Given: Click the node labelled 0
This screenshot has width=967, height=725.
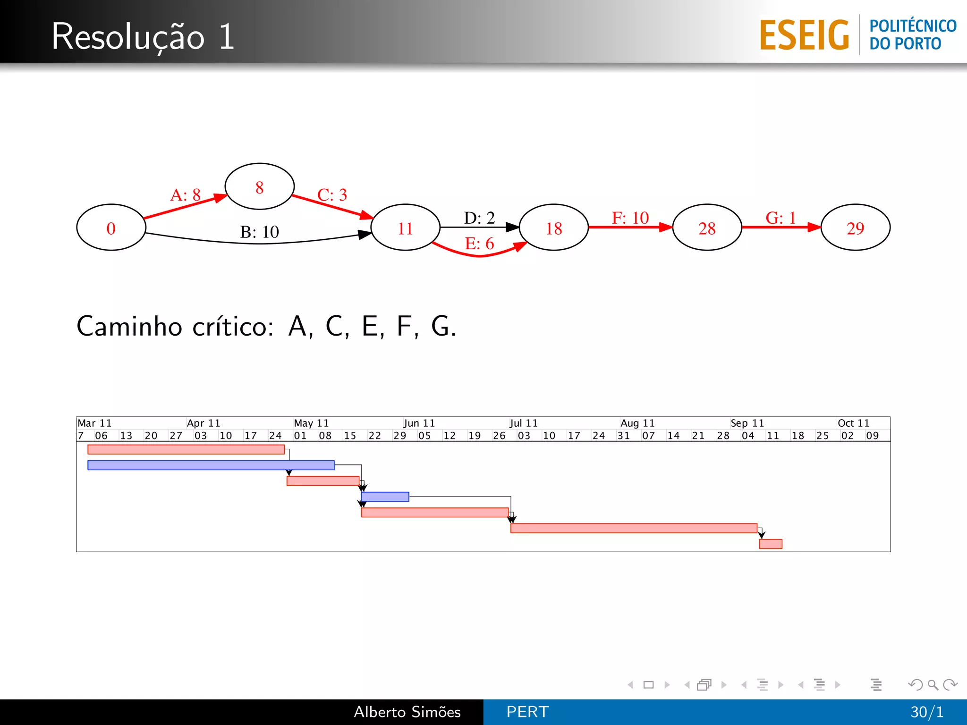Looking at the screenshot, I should tap(111, 228).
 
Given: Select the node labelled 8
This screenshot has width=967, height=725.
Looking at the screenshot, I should tap(259, 187).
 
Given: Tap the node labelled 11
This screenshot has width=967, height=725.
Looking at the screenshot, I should tap(405, 228).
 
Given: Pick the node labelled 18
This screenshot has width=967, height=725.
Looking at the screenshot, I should tap(553, 228).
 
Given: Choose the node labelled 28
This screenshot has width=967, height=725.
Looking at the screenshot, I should tap(706, 228).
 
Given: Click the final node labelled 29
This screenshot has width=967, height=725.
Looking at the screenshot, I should tap(855, 228).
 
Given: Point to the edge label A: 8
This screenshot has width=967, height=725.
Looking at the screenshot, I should tap(186, 194).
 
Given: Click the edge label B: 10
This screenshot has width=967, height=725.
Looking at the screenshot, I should tap(259, 232).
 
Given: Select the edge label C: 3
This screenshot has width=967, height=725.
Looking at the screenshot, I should tap(332, 194).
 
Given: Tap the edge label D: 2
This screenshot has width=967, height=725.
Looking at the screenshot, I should tap(479, 218).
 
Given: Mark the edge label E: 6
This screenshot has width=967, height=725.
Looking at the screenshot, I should tap(479, 244).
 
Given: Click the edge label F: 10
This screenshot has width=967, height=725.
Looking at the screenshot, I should tap(630, 218).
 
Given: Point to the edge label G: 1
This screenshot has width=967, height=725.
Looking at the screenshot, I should tap(780, 218).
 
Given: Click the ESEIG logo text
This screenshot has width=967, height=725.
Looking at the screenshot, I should tap(804, 35).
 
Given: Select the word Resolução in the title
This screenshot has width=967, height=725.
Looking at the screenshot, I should tap(128, 36).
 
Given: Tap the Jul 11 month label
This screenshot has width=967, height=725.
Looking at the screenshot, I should tap(523, 423).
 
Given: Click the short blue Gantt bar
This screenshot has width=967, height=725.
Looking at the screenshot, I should tap(385, 497).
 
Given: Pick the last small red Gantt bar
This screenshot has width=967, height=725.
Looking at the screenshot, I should tap(771, 544).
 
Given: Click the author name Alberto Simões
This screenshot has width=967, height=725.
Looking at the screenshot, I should tap(407, 712).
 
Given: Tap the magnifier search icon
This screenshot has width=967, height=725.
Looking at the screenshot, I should tap(933, 684).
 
